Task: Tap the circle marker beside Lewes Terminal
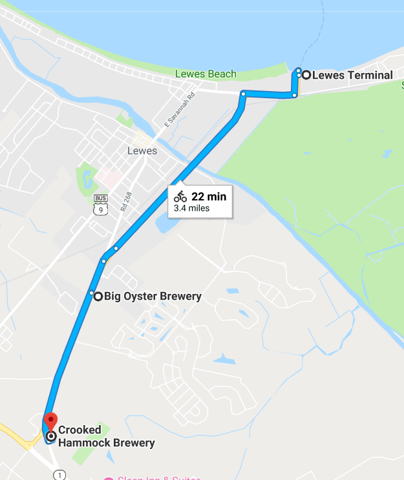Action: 306,75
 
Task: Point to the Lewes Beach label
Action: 206,74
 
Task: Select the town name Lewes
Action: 142,151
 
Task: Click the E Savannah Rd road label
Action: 180,110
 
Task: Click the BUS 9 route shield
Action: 100,205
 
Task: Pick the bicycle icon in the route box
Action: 180,197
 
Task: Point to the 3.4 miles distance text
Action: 192,209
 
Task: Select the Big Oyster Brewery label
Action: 153,297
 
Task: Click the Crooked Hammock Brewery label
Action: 106,436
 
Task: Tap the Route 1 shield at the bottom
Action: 59,475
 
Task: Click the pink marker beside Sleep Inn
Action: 108,479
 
